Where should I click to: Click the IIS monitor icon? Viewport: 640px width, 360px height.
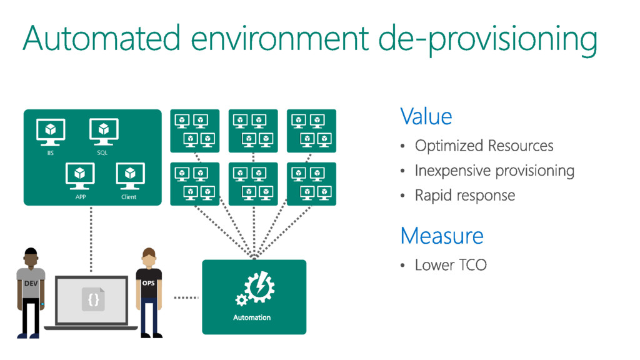tap(51, 132)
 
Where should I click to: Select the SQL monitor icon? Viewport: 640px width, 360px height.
tap(102, 132)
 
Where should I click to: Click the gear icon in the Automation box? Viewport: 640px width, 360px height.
tap(254, 289)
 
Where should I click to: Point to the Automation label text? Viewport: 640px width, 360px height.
tap(252, 317)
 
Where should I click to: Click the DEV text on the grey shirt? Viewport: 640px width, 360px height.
tap(31, 283)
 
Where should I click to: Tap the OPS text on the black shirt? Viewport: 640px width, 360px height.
tap(148, 282)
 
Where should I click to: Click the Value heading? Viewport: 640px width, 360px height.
tap(426, 116)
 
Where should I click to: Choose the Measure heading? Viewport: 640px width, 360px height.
tap(441, 236)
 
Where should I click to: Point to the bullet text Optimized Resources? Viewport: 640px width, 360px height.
tap(484, 146)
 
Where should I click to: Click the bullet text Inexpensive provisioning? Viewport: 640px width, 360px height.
tap(494, 170)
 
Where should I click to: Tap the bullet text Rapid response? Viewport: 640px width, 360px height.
tap(465, 195)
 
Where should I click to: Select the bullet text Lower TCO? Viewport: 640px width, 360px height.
tap(451, 265)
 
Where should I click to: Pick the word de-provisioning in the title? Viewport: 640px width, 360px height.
tap(487, 39)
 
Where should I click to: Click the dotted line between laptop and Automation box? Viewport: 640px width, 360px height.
tap(186, 297)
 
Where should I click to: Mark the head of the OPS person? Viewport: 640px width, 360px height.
tap(148, 257)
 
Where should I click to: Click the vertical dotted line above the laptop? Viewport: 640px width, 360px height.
tap(92, 237)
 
